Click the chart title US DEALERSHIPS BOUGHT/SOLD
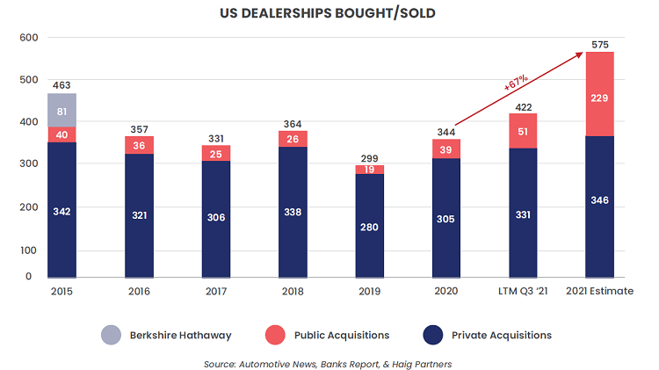tap(329, 14)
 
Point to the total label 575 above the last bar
tap(601, 44)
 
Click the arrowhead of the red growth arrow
tap(583, 54)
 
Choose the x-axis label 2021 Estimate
tap(601, 291)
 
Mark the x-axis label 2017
tap(216, 291)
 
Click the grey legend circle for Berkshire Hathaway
tap(111, 335)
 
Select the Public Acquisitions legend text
tap(343, 335)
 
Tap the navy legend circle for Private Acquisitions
tap(433, 335)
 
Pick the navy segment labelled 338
tap(293, 212)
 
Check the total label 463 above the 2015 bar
tap(62, 86)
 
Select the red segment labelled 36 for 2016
tap(139, 145)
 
